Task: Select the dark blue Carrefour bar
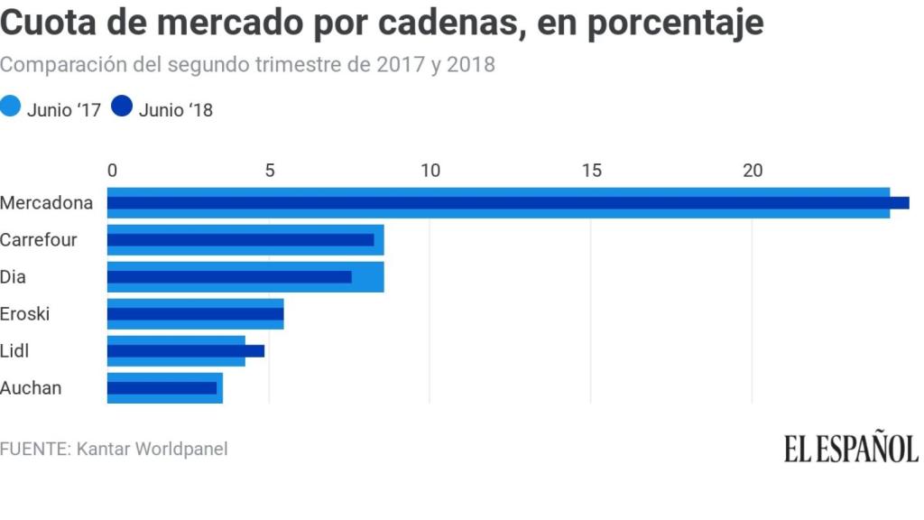[241, 240]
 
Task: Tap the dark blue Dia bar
[229, 277]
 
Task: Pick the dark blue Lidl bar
[186, 351]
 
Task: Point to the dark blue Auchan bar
[162, 388]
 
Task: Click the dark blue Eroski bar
[196, 314]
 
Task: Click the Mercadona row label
[47, 203]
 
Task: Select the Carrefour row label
[39, 240]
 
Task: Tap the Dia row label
[14, 277]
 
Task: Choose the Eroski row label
[25, 314]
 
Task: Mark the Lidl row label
[15, 351]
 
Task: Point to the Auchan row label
[32, 388]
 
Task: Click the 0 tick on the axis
[112, 171]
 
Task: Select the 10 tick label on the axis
[430, 171]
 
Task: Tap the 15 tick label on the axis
[591, 171]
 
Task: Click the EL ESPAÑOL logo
[851, 449]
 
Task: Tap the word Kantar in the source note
[104, 449]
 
